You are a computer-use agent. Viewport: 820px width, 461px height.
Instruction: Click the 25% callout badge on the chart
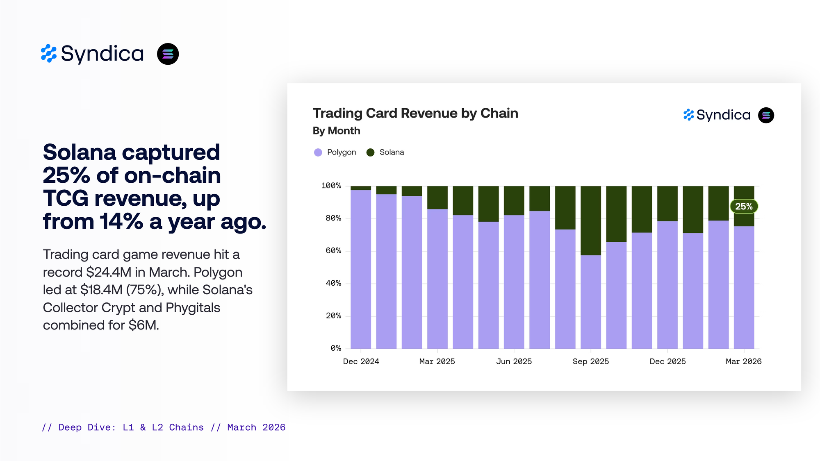[744, 207]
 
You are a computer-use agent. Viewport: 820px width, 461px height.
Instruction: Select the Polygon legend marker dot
[318, 152]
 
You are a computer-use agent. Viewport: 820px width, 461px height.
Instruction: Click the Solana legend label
[392, 152]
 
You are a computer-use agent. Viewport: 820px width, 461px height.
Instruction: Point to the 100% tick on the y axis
[331, 186]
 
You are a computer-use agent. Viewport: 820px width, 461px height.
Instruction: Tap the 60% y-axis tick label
[333, 251]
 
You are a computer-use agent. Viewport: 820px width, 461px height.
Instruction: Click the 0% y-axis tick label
[336, 348]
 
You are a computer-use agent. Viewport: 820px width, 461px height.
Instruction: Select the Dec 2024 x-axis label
[361, 361]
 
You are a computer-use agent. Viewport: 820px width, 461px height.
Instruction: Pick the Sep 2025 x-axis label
[590, 361]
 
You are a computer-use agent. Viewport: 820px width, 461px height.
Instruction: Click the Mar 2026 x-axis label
[743, 361]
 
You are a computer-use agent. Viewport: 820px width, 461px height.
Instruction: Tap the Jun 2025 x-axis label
[514, 361]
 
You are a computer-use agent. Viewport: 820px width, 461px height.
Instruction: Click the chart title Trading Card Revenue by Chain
[415, 114]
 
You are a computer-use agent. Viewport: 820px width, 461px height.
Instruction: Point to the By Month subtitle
[336, 131]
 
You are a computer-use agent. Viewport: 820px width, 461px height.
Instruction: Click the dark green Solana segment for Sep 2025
[591, 220]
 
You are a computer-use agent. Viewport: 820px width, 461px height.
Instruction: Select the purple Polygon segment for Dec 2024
[361, 269]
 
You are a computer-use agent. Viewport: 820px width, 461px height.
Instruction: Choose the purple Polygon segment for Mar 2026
[744, 287]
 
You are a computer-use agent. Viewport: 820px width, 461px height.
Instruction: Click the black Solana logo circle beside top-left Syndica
[168, 54]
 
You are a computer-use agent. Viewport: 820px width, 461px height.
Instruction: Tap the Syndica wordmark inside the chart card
[723, 115]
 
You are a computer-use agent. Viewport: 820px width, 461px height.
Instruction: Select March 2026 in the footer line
[256, 427]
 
